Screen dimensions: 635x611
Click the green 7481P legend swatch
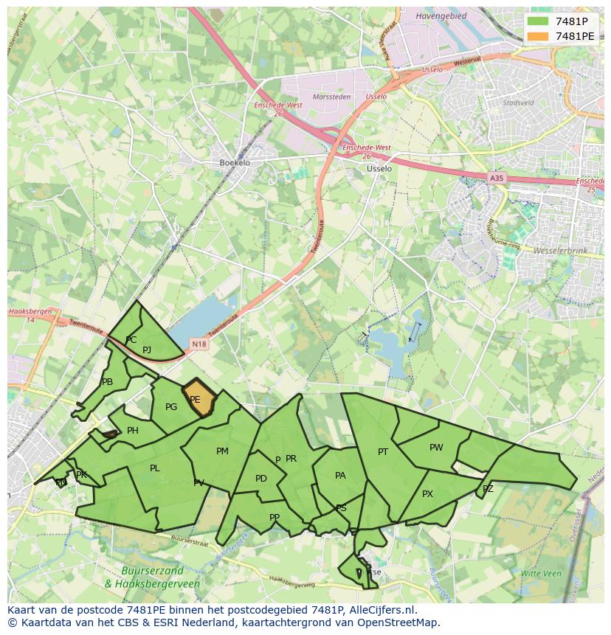coord(538,21)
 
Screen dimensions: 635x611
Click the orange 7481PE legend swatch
coord(538,35)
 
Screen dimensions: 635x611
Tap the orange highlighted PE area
coord(198,398)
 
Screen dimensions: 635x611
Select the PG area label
coord(171,406)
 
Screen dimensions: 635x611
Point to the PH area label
coord(133,431)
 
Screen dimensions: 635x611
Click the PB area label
coord(107,382)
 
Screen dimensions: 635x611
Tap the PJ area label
coord(147,350)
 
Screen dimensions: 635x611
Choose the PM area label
coord(222,451)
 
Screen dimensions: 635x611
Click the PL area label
coord(155,468)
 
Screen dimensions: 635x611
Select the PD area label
coord(261,479)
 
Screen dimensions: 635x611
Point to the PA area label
coord(340,476)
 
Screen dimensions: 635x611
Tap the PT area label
coord(383,452)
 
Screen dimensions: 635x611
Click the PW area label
coord(436,448)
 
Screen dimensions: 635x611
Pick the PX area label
coord(427,494)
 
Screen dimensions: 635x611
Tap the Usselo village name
coord(379,168)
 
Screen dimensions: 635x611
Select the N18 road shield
coord(199,344)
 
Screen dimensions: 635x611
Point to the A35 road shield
coord(497,178)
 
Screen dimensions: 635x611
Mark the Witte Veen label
coord(541,573)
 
